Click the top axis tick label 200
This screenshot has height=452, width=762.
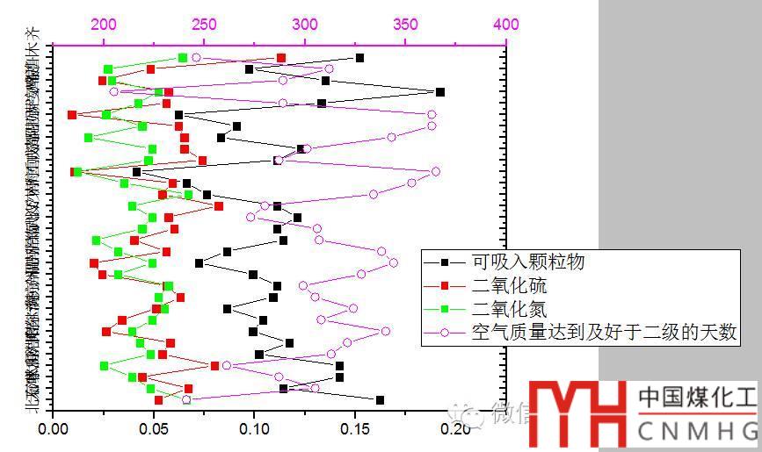click(x=104, y=24)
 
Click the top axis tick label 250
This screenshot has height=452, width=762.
click(x=204, y=24)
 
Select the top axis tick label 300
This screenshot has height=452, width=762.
click(x=304, y=24)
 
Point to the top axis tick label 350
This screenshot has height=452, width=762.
click(x=405, y=24)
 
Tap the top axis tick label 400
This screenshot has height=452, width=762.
click(x=505, y=24)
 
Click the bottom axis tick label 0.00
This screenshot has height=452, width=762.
click(x=54, y=431)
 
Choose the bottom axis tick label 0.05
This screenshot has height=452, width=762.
click(x=155, y=431)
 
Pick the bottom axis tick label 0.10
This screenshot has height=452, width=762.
click(x=255, y=431)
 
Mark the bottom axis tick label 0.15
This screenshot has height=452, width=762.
click(x=355, y=431)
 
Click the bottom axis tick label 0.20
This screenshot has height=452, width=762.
click(x=456, y=431)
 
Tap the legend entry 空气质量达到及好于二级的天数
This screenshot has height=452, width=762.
click(x=604, y=333)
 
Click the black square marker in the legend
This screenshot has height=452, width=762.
click(x=446, y=262)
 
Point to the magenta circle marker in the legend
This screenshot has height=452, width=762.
click(x=446, y=333)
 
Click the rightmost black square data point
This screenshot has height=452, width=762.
click(x=440, y=92)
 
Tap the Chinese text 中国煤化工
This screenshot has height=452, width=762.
click(x=696, y=398)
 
